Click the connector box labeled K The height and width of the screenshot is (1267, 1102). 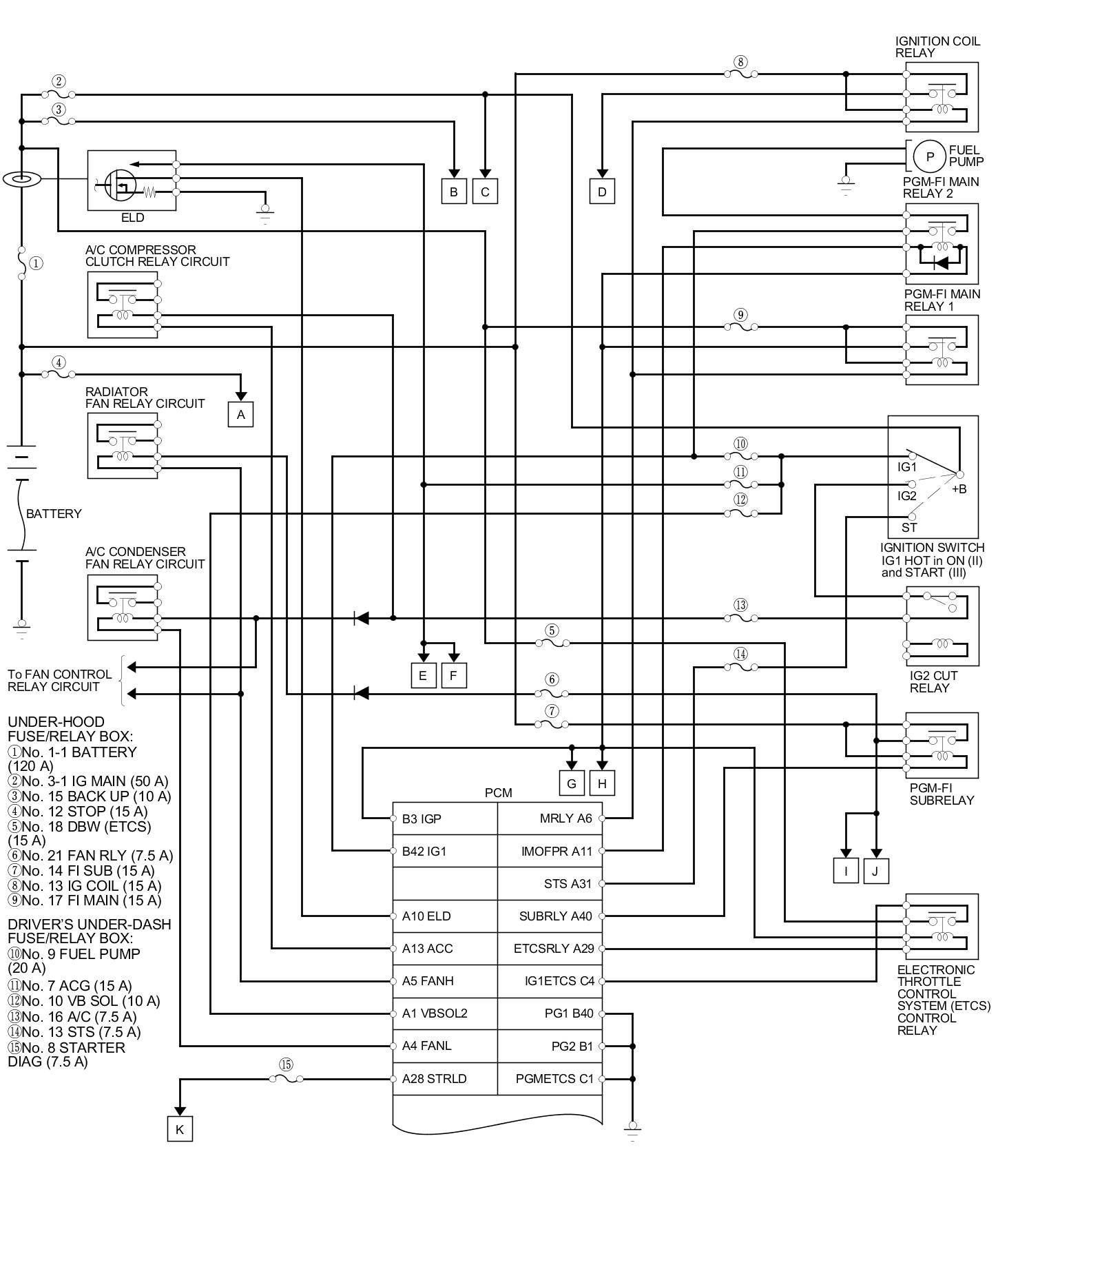[x=180, y=1129]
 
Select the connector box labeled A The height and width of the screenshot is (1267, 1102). [x=240, y=415]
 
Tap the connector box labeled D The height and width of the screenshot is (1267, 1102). [x=602, y=192]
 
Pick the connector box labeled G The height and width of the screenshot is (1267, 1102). [x=571, y=783]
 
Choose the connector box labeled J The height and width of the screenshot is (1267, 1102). [x=875, y=871]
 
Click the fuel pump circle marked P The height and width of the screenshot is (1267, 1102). [x=930, y=156]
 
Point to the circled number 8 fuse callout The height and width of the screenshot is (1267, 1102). [x=740, y=62]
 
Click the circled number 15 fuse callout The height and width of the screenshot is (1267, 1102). [x=286, y=1064]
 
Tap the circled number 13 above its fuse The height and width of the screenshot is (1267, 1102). [x=740, y=606]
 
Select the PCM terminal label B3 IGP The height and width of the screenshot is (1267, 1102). [x=422, y=818]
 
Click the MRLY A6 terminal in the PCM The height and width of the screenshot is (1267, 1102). [x=565, y=818]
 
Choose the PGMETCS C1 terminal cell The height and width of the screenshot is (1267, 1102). [x=554, y=1079]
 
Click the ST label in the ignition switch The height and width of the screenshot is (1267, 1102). [x=909, y=528]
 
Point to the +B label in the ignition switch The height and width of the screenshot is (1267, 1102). [x=959, y=489]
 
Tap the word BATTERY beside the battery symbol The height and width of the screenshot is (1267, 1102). [x=54, y=514]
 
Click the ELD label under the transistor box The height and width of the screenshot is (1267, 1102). [x=133, y=218]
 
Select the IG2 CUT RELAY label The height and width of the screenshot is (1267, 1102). [x=933, y=682]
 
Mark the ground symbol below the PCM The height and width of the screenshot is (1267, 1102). [x=632, y=1129]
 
